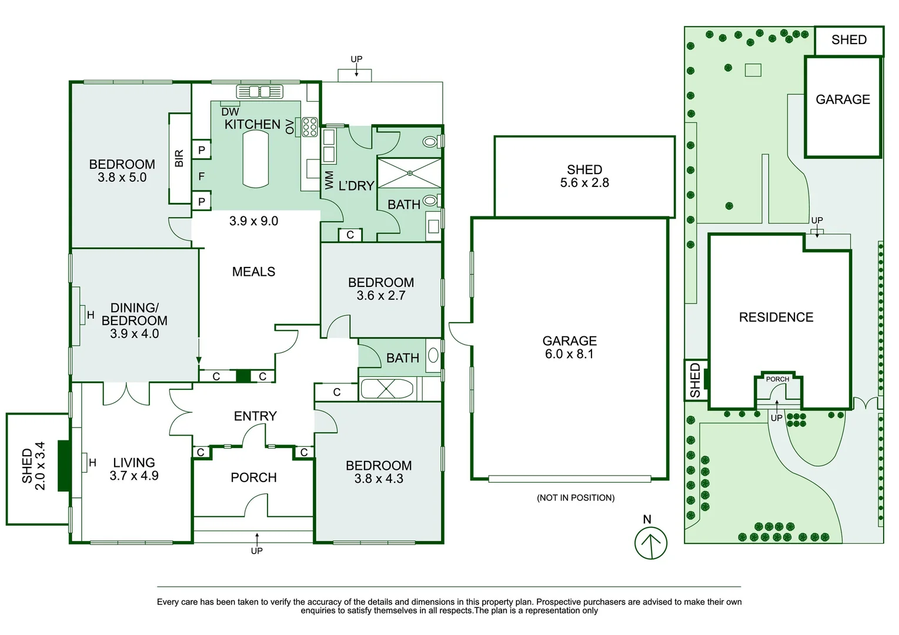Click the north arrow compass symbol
[x=650, y=543]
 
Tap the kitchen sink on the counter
[x=260, y=92]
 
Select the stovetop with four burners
[x=310, y=126]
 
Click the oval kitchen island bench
[x=256, y=160]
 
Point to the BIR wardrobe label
[x=179, y=158]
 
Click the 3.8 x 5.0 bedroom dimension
[x=122, y=178]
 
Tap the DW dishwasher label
[x=230, y=112]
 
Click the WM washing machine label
[x=329, y=180]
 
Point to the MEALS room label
[x=253, y=272]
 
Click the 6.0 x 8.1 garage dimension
[x=569, y=353]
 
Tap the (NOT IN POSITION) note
[x=576, y=498]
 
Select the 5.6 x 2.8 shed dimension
[x=584, y=183]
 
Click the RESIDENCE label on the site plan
[x=776, y=317]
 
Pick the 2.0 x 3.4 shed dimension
[x=40, y=466]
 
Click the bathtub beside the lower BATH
[x=386, y=389]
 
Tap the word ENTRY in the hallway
[x=255, y=416]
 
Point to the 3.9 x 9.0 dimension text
[x=253, y=220]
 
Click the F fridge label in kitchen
[x=202, y=176]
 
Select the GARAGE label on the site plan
[x=843, y=99]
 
